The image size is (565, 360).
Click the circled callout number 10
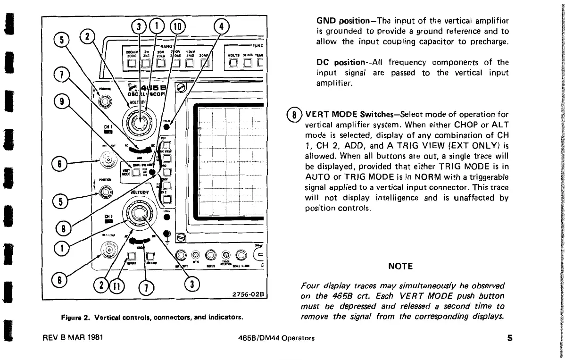(178, 26)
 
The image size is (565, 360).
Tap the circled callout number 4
(221, 26)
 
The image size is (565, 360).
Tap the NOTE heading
(400, 267)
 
